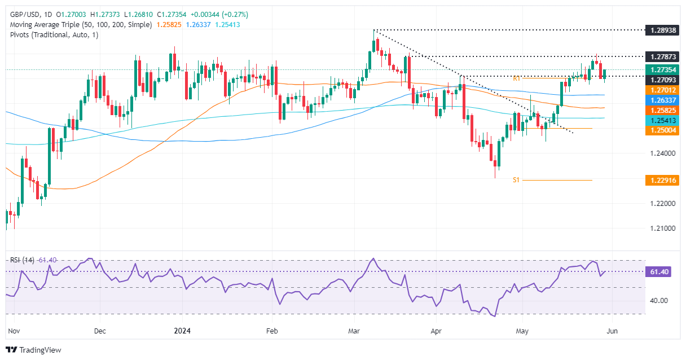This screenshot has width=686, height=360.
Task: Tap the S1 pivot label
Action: coord(516,180)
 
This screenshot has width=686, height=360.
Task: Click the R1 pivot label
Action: coord(516,78)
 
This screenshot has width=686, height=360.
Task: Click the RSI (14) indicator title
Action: coord(22,260)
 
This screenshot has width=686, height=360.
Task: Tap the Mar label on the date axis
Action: coord(355,331)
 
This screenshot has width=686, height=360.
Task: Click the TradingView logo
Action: coord(34,350)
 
